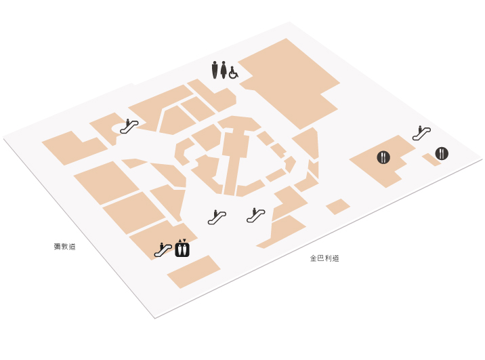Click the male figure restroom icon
click(215, 70)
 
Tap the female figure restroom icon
click(224, 70)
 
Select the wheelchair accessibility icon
click(234, 73)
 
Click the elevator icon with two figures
click(182, 249)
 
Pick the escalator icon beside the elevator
click(163, 250)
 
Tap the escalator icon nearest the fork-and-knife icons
click(421, 133)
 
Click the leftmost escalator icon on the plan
click(129, 126)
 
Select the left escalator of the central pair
click(217, 217)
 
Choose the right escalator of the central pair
click(256, 215)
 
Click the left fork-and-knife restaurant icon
click(383, 157)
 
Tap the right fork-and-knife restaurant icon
click(442, 153)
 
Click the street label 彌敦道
click(64, 247)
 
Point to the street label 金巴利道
click(324, 258)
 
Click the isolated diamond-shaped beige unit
click(338, 207)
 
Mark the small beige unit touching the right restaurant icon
click(431, 160)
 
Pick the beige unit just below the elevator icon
click(194, 272)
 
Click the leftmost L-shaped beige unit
click(75, 148)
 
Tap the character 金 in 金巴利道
click(314, 258)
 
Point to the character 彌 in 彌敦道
click(57, 247)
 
